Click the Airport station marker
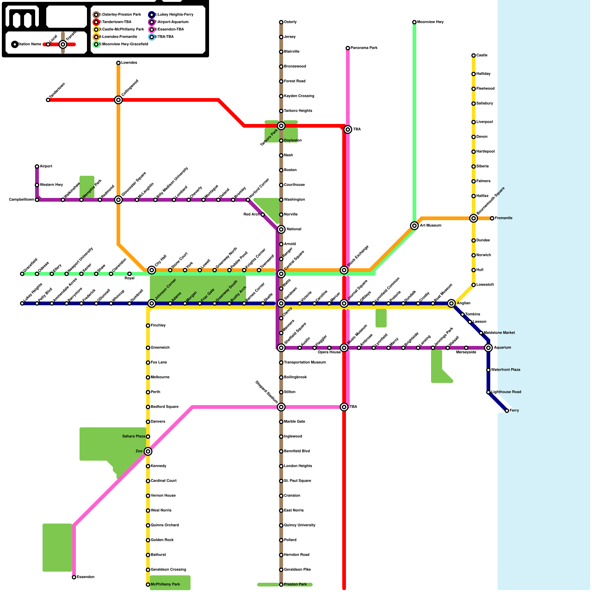pos(37,166)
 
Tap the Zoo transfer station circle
pos(148,451)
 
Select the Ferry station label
pos(514,411)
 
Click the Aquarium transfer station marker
pos(488,348)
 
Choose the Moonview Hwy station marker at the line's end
pos(414,22)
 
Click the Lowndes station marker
pos(118,63)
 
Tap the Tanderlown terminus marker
pos(48,100)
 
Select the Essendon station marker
pos(74,577)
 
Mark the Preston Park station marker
pos(281,585)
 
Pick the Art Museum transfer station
pos(414,226)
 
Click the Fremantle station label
pos(504,218)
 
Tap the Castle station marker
pos(474,55)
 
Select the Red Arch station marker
pos(263,215)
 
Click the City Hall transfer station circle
pos(152,270)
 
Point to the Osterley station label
pos(290,22)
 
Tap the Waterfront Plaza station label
pos(505,370)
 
